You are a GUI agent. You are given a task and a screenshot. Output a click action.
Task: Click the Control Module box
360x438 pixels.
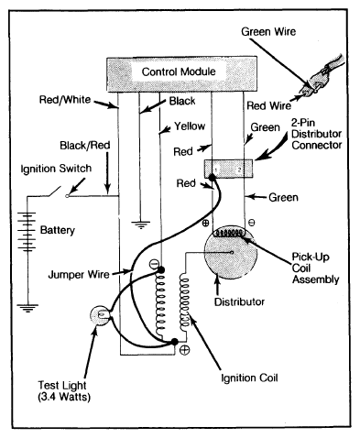181,74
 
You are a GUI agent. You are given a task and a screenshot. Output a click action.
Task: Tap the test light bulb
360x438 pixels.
100,315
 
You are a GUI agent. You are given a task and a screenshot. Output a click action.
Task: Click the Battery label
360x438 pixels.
58,230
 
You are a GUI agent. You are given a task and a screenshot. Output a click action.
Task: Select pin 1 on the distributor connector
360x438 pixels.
216,169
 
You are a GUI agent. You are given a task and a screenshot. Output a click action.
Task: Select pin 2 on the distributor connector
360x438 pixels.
240,169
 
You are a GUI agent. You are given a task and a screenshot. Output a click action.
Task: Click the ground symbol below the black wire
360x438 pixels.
141,224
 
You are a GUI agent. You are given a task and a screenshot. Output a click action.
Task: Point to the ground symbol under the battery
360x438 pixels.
27,308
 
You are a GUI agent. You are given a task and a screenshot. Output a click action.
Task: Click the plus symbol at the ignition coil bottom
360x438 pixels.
184,349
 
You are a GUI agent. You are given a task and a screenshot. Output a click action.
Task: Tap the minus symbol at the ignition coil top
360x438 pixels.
154,264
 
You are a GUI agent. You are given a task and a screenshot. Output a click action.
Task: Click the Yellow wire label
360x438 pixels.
190,126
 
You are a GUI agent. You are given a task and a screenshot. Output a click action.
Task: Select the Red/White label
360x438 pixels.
65,100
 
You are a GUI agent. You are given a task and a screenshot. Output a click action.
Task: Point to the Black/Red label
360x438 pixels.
85,145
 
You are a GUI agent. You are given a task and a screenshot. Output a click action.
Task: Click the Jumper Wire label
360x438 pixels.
79,274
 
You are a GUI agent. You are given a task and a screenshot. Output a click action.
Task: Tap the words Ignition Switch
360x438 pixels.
56,169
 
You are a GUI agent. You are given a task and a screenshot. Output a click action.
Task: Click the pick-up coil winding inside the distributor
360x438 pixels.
229,233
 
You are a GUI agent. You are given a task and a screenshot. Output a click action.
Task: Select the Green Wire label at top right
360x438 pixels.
268,31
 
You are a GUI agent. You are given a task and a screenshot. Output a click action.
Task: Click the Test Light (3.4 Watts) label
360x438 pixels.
64,390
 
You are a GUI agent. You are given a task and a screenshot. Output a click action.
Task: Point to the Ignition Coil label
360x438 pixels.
249,378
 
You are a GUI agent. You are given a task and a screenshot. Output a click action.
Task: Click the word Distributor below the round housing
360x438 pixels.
239,301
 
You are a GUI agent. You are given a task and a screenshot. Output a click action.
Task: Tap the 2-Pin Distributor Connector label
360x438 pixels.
316,134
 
